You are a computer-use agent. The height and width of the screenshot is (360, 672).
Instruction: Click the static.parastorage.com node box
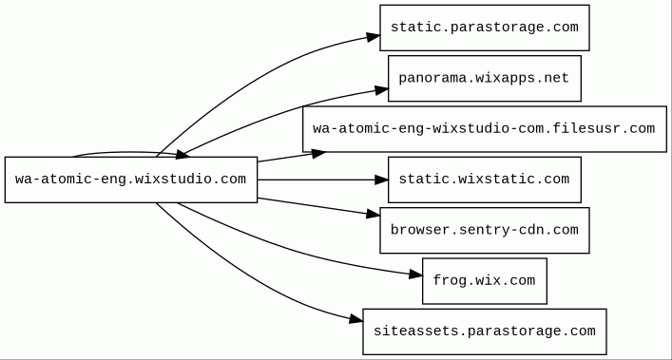[485, 28]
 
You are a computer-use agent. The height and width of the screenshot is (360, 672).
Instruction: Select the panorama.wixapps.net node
[485, 78]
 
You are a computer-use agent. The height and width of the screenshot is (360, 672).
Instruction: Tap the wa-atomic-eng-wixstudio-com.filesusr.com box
[485, 129]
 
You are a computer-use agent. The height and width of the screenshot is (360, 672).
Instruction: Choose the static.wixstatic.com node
[485, 180]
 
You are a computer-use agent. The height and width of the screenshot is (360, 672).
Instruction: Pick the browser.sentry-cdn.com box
[485, 230]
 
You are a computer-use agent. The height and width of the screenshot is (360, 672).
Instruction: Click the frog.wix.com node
[485, 281]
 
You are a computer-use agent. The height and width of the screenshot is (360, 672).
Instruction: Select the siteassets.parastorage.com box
[485, 332]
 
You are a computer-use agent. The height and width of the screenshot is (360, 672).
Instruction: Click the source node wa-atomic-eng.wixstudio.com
[131, 180]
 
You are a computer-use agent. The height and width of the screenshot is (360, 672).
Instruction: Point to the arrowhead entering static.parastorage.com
[374, 37]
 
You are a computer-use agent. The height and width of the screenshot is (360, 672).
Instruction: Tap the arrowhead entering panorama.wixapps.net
[381, 90]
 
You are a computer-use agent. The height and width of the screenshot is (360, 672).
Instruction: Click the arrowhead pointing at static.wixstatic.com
[381, 180]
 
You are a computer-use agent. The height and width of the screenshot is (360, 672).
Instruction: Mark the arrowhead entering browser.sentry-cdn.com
[374, 214]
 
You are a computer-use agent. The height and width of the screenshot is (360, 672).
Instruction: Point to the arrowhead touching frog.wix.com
[415, 275]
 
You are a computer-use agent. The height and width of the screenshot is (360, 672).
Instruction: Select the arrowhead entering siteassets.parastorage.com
[356, 319]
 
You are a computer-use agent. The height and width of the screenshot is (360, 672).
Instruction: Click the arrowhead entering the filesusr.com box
[318, 153]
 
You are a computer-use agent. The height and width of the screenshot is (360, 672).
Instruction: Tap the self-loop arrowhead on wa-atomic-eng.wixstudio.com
[182, 154]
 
